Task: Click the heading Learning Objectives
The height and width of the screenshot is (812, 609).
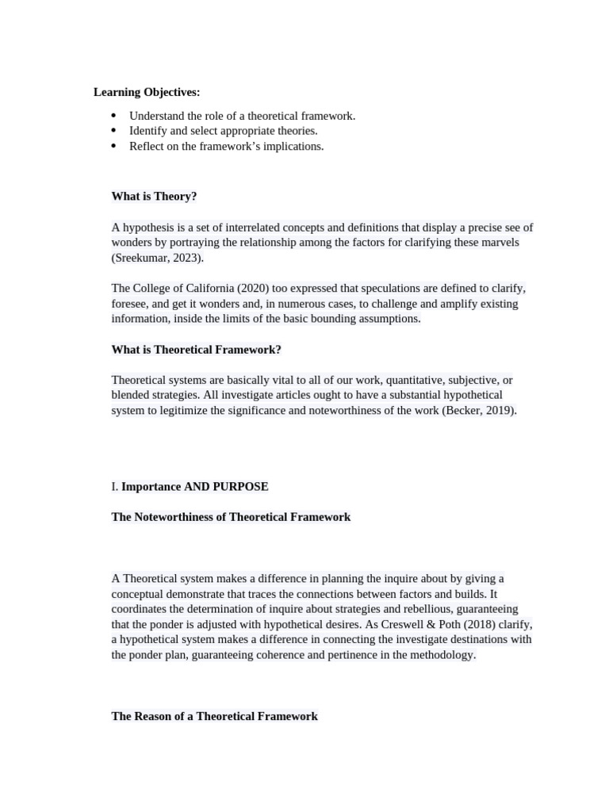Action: (x=147, y=93)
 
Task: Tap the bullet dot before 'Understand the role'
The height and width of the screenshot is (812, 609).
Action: (x=113, y=116)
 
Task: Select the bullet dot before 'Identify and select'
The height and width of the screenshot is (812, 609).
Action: (x=113, y=131)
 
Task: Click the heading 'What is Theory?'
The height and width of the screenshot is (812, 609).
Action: (x=154, y=197)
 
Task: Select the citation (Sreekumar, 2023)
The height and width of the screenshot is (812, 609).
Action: (x=157, y=258)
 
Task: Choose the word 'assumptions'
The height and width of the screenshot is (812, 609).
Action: (x=388, y=319)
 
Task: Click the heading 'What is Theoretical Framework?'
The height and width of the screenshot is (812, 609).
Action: (x=196, y=350)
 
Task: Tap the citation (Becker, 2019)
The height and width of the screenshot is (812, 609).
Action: (x=479, y=411)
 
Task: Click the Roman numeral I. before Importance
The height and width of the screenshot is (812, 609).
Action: (x=114, y=487)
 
